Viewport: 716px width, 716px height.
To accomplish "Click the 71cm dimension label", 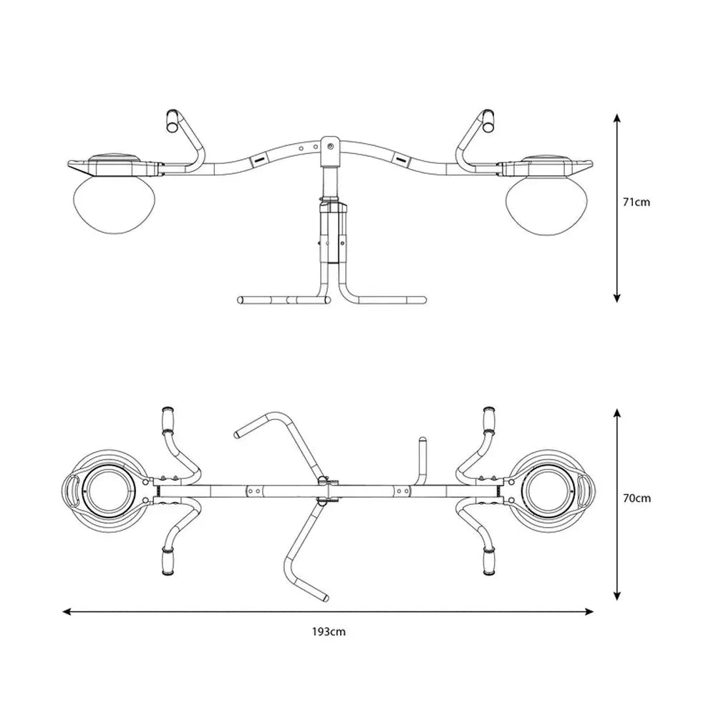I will pos(637,203).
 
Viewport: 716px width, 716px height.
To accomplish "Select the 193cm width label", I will pos(329,632).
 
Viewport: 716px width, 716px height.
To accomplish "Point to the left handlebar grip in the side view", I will pos(172,120).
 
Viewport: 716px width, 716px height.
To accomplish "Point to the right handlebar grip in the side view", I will pos(486,120).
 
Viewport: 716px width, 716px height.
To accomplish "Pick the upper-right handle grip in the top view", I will pos(490,418).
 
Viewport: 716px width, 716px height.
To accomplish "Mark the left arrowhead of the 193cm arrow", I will pos(67,611).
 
